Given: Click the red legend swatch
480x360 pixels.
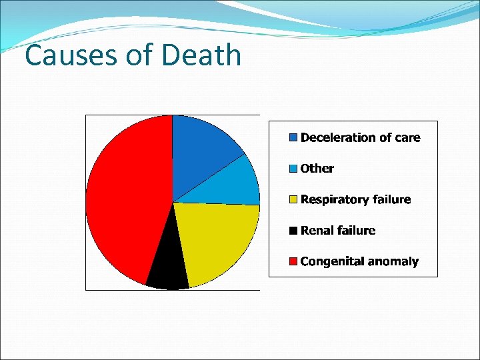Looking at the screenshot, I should click(x=293, y=261).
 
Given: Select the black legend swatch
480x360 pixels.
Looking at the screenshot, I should click(x=293, y=231).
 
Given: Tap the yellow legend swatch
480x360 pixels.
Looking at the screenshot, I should click(x=293, y=199).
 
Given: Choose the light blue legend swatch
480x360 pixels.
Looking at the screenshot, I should click(x=293, y=169).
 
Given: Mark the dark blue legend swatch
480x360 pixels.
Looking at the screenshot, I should click(x=293, y=138).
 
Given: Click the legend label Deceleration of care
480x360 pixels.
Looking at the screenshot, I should click(x=361, y=138).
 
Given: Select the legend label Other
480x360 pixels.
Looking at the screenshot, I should click(x=317, y=169).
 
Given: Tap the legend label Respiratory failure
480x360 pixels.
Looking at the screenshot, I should click(x=356, y=199).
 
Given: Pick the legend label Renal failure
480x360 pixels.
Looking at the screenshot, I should click(x=338, y=231).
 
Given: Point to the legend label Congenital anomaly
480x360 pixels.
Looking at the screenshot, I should click(x=360, y=261).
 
